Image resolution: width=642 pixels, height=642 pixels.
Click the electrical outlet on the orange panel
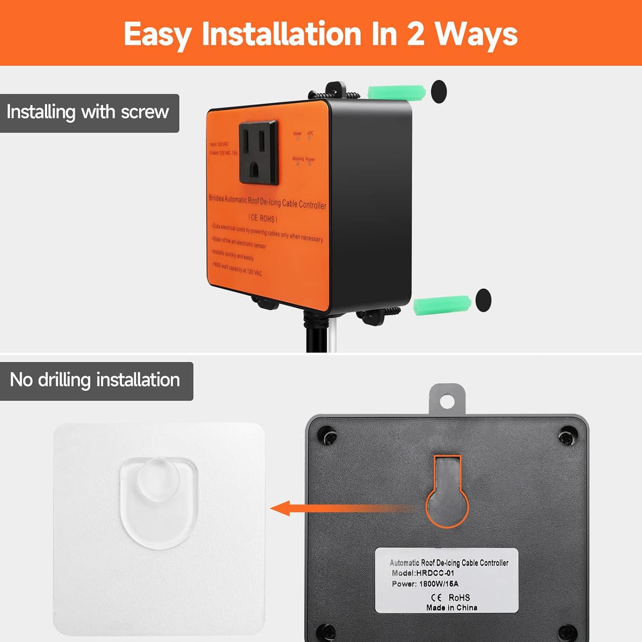[258, 152]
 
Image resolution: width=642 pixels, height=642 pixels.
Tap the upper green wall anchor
[396, 91]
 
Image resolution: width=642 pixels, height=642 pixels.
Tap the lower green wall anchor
[442, 304]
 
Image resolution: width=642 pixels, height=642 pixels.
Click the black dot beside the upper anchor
[439, 91]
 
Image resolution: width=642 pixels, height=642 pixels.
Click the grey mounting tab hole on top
[447, 400]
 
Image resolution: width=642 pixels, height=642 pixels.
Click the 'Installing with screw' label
[88, 113]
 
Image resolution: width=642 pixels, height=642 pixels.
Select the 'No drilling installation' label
[95, 380]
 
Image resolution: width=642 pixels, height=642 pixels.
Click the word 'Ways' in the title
[476, 34]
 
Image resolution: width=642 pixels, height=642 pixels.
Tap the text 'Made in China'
[452, 607]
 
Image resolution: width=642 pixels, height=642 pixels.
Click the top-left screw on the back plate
[327, 435]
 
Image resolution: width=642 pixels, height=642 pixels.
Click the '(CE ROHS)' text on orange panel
[263, 218]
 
